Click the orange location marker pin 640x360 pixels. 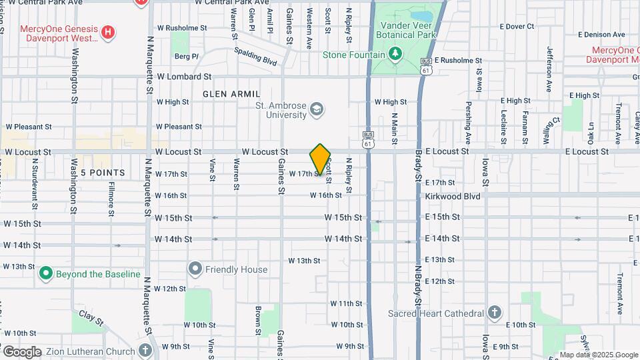point(320,159)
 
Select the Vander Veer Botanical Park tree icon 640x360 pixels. point(395,54)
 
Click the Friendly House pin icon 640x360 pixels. point(195,269)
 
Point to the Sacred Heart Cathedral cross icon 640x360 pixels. point(494,313)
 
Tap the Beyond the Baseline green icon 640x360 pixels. point(46,273)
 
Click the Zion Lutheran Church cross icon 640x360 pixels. point(146,350)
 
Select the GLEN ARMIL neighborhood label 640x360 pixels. point(231,95)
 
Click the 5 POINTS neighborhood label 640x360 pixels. point(103,173)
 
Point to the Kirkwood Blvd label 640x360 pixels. point(453,197)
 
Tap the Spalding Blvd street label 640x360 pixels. point(255,55)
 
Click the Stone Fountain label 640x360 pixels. point(354,55)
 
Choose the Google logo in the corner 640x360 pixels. point(22,351)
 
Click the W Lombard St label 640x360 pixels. point(183,77)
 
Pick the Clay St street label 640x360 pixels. point(91,317)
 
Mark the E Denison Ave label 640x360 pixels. point(601,34)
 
